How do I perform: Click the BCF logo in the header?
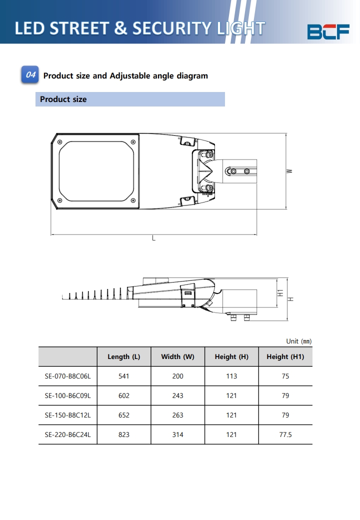[x=328, y=31]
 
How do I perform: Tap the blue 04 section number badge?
[x=30, y=75]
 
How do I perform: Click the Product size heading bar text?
[x=63, y=99]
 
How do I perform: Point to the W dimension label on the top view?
[x=289, y=171]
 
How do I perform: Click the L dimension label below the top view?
[x=153, y=239]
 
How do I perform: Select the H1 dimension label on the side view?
[x=281, y=293]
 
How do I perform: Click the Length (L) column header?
[x=124, y=356]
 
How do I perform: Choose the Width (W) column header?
[x=177, y=356]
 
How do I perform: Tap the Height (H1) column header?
[x=285, y=356]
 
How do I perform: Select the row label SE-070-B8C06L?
[x=67, y=376]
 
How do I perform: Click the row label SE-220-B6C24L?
[x=67, y=434]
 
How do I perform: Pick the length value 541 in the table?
[x=124, y=376]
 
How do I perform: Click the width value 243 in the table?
[x=177, y=395]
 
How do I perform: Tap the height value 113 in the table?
[x=231, y=376]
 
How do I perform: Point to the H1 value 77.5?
[x=285, y=434]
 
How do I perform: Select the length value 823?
[x=124, y=434]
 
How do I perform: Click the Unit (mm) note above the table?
[x=298, y=341]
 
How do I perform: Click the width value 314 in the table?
[x=177, y=434]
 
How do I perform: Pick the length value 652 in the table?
[x=124, y=415]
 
